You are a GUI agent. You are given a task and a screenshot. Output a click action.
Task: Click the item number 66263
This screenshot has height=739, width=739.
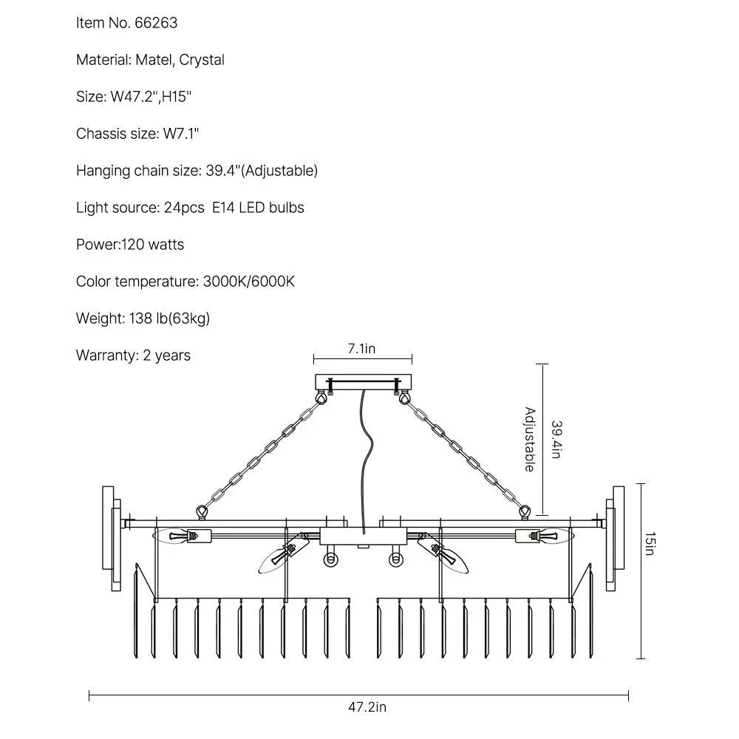156,23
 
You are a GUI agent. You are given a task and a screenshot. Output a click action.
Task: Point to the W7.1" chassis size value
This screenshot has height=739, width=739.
181,133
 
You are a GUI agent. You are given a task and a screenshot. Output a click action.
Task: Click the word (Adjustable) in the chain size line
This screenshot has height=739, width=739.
279,171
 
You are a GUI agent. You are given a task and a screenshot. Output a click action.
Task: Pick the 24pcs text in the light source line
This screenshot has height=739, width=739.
184,208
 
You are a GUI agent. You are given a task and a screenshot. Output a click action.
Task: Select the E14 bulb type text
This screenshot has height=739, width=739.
223,208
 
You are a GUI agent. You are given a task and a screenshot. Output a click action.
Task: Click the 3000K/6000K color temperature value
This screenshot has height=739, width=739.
249,282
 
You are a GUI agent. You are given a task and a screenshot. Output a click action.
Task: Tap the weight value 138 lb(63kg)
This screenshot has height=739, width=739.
169,319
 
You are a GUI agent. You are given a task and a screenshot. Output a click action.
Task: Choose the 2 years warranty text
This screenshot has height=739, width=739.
166,355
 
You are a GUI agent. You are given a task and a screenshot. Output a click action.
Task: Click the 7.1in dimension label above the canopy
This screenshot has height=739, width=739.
361,349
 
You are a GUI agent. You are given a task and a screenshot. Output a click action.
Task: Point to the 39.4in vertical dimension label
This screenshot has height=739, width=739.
556,440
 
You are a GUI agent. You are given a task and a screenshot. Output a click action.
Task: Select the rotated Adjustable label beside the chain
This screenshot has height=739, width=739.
530,439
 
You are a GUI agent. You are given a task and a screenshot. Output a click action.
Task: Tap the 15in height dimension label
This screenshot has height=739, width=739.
650,544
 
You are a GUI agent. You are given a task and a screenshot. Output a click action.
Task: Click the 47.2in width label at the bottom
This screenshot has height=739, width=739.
367,707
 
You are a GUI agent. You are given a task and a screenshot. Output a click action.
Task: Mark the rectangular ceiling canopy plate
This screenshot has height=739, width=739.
363,382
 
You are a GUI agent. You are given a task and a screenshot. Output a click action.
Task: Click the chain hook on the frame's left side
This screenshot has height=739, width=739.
202,512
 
